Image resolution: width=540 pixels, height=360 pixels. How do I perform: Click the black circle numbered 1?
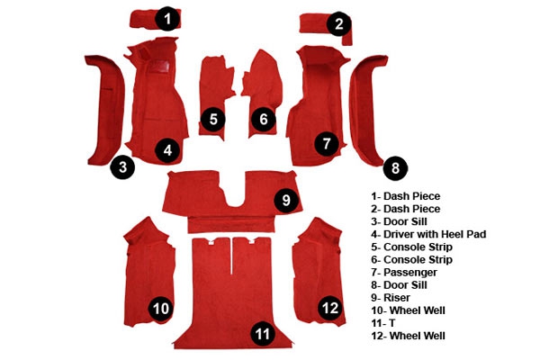pyautogui.click(x=167, y=19)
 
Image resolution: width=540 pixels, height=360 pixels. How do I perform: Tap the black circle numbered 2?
pyautogui.click(x=339, y=23)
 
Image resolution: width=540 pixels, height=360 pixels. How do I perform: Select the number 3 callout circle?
pyautogui.click(x=122, y=166)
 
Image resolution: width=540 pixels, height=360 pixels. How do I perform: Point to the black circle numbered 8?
pyautogui.click(x=395, y=168)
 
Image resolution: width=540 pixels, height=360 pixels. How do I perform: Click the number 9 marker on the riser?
pyautogui.click(x=286, y=200)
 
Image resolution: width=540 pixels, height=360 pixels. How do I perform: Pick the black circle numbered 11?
pyautogui.click(x=263, y=333)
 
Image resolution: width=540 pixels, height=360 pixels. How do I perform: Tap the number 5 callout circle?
pyautogui.click(x=213, y=119)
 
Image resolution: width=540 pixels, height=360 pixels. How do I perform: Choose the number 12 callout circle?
pyautogui.click(x=330, y=308)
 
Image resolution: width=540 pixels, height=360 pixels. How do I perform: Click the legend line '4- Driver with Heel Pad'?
pyautogui.click(x=428, y=234)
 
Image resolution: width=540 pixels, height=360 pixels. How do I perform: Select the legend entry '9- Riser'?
pyautogui.click(x=391, y=298)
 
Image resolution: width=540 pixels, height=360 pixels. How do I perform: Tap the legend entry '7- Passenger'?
pyautogui.click(x=404, y=273)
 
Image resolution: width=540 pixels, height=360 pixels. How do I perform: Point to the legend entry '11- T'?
pyautogui.click(x=383, y=323)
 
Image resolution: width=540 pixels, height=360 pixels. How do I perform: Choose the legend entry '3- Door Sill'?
pyautogui.click(x=399, y=221)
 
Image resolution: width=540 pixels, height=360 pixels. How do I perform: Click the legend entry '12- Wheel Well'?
pyautogui.click(x=408, y=336)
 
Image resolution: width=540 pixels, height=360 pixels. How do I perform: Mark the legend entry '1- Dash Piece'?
pyautogui.click(x=406, y=196)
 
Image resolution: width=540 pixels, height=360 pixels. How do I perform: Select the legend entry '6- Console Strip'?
pyautogui.click(x=411, y=259)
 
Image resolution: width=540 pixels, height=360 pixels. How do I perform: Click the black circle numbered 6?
pyautogui.click(x=264, y=119)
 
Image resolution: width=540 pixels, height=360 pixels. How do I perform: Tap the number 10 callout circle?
pyautogui.click(x=161, y=309)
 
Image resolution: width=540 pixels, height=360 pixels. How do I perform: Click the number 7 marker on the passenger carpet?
pyautogui.click(x=327, y=143)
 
